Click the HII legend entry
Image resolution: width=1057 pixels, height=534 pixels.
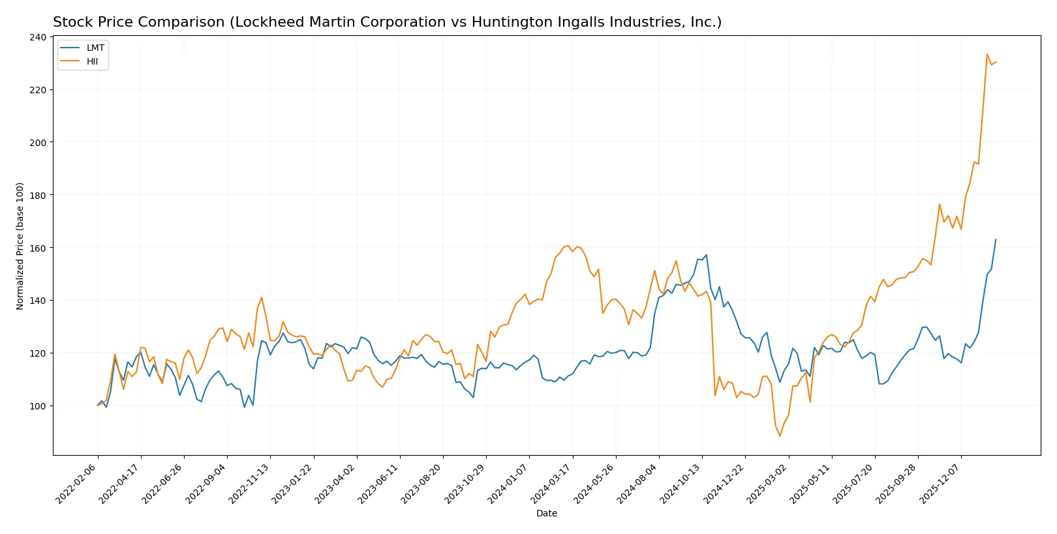click(92, 61)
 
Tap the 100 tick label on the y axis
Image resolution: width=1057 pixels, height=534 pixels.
click(38, 406)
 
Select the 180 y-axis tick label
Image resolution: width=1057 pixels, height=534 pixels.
click(38, 195)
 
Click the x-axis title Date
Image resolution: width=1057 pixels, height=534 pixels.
click(546, 513)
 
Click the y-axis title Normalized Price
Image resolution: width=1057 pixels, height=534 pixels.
click(20, 246)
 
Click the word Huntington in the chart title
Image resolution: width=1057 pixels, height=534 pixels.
click(503, 22)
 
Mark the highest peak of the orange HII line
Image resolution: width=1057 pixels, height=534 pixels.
click(987, 54)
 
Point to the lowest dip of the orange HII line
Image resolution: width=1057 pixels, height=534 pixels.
click(780, 436)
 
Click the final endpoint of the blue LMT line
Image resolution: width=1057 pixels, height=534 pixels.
click(996, 239)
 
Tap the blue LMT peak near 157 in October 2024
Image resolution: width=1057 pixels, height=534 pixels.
click(706, 255)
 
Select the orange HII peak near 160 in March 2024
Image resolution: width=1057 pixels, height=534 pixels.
click(568, 245)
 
